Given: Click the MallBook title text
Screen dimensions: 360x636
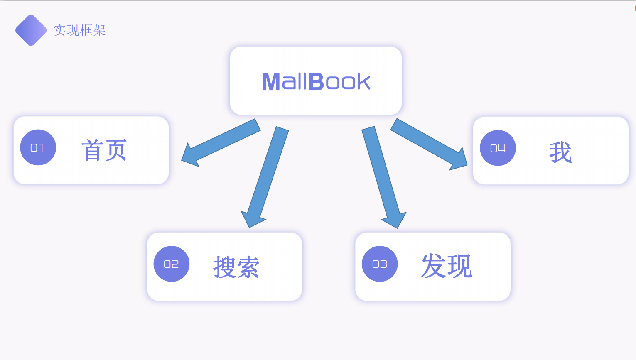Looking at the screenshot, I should tap(316, 81).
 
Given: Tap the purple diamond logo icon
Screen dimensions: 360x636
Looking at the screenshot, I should tap(31, 30).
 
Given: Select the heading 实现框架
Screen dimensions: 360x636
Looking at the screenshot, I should tap(79, 30).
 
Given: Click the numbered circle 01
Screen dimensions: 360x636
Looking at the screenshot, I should tap(38, 147).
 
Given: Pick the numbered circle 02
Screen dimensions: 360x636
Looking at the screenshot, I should tap(171, 264).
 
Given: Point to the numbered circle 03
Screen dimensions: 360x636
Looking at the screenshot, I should tap(379, 264).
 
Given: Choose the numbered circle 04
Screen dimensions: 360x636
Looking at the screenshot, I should tap(497, 148).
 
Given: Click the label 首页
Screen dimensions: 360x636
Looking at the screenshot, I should tap(103, 150).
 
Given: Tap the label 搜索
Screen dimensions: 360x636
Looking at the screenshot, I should tap(236, 267).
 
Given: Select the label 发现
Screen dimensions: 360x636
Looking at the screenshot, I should tap(447, 266).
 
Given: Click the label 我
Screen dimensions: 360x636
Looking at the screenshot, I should tap(560, 152).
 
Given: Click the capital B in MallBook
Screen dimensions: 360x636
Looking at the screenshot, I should tap(316, 81).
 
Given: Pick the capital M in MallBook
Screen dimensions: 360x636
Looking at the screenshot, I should tap(271, 81).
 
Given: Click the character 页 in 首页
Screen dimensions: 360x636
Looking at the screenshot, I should tap(115, 150).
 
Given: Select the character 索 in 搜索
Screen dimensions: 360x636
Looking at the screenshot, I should tap(248, 267).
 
